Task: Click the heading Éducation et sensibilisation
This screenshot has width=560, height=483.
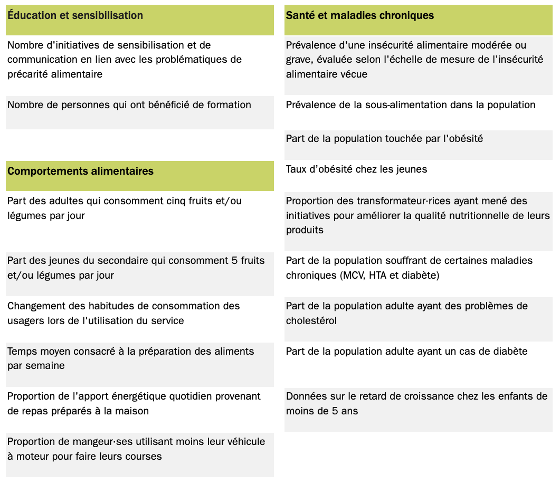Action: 75,16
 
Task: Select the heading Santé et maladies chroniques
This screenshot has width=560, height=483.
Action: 359,16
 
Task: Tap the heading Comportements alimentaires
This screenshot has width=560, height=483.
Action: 80,171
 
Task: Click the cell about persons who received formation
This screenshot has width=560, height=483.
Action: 129,105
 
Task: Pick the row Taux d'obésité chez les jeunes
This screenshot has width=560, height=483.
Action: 356,169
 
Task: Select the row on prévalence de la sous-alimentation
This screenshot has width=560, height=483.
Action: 411,105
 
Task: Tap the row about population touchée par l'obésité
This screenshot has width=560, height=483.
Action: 384,139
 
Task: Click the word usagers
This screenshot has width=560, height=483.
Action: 24,321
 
